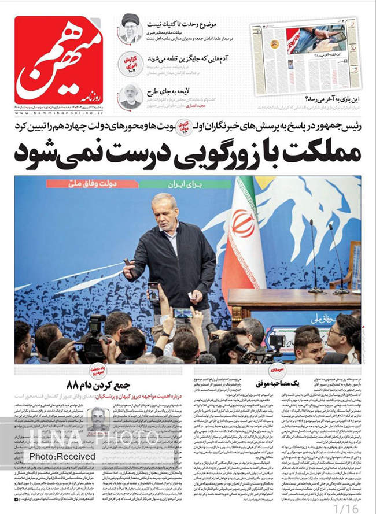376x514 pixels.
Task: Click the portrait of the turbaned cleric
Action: (x=130, y=28)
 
